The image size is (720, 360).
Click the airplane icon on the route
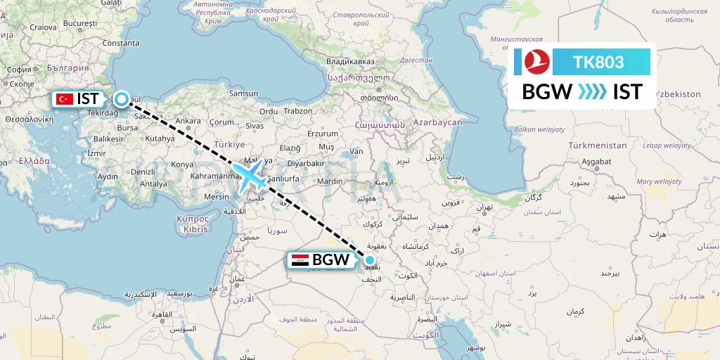click(250, 176)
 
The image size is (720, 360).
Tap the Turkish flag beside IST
click(65, 99)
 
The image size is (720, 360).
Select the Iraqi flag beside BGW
click(299, 260)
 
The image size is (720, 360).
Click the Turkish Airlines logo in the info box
click(536, 61)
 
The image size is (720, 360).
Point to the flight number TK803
click(598, 62)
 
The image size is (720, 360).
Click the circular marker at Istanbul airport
click(122, 99)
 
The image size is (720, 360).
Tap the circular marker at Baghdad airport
click(369, 259)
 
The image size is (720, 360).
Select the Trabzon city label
click(298, 110)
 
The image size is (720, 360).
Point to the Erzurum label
click(324, 132)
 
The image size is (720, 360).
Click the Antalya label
click(153, 184)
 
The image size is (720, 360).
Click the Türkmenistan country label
click(597, 145)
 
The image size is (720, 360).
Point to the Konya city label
click(182, 164)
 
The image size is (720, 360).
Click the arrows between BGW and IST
click(591, 91)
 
